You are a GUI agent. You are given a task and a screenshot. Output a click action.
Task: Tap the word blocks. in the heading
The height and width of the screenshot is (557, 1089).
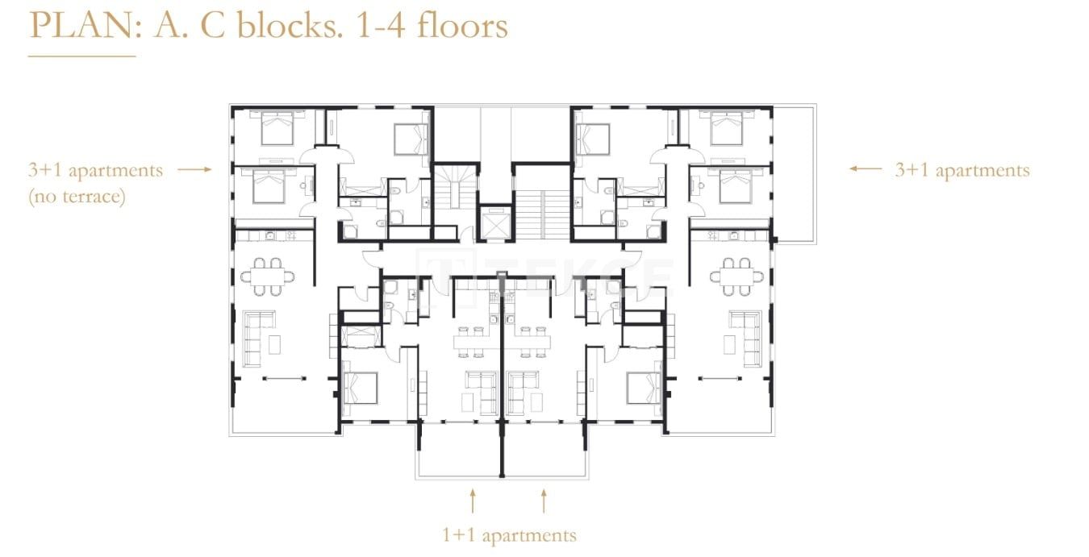coord(287,25)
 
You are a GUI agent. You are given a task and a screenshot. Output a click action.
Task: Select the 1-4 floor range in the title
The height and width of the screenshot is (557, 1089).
coord(380,27)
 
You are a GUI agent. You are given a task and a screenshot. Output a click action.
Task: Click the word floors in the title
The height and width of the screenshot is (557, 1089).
coord(462,25)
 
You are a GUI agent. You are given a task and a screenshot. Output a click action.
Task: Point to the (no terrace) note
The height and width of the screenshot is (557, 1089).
coord(77,197)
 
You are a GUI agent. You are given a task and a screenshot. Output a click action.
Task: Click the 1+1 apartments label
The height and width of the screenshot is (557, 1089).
coord(509,535)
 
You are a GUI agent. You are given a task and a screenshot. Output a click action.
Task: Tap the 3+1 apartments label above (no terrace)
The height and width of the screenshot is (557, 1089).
coord(95,170)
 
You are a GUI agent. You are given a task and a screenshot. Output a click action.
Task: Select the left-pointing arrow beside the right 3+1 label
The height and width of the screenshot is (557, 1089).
coord(866,168)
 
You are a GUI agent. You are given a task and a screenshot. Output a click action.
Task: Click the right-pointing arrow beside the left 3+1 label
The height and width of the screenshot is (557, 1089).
coord(194,169)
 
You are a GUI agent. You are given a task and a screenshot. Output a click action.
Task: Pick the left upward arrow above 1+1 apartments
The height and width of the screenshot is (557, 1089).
coord(473,501)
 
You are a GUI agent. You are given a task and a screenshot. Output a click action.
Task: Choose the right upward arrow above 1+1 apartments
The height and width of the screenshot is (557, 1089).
coord(544,501)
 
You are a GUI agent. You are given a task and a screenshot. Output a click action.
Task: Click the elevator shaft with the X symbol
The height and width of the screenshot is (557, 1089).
coord(495,223)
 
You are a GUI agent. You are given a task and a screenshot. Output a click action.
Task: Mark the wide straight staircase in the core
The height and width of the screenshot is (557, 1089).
coord(541,214)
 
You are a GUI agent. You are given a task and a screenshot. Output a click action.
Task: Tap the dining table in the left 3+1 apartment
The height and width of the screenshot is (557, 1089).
coord(267,276)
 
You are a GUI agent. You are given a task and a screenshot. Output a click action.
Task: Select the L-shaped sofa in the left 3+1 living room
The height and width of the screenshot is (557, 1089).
coord(259,339)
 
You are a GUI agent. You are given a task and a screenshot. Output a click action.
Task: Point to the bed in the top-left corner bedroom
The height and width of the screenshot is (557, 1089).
coord(277,127)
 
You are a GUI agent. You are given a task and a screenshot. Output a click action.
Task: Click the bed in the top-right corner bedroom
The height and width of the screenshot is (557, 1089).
coord(727,127)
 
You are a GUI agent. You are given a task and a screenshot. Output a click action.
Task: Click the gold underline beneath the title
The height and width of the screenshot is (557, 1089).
coord(81,56)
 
